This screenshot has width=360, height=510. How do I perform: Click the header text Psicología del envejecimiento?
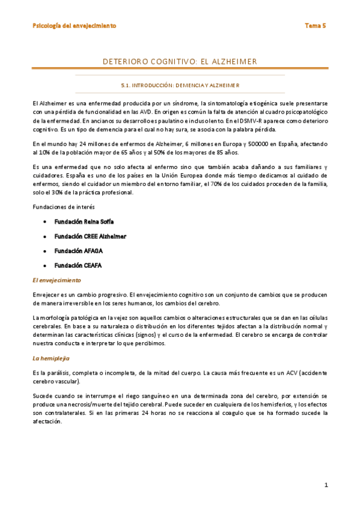tap(74, 26)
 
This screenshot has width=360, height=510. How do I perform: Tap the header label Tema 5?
tap(315, 26)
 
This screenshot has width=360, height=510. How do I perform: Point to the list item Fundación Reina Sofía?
tap(84, 222)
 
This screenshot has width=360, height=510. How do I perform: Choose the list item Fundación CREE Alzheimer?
tap(90, 236)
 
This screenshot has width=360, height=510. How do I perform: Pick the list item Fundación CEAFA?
tap(78, 265)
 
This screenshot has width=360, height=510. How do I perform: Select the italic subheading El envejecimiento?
tap(57, 280)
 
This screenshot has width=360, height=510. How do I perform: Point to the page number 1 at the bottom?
tap(325, 485)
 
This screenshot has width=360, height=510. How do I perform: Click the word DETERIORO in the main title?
tap(127, 62)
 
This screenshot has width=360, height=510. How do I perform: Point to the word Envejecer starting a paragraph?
tap(48, 295)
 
